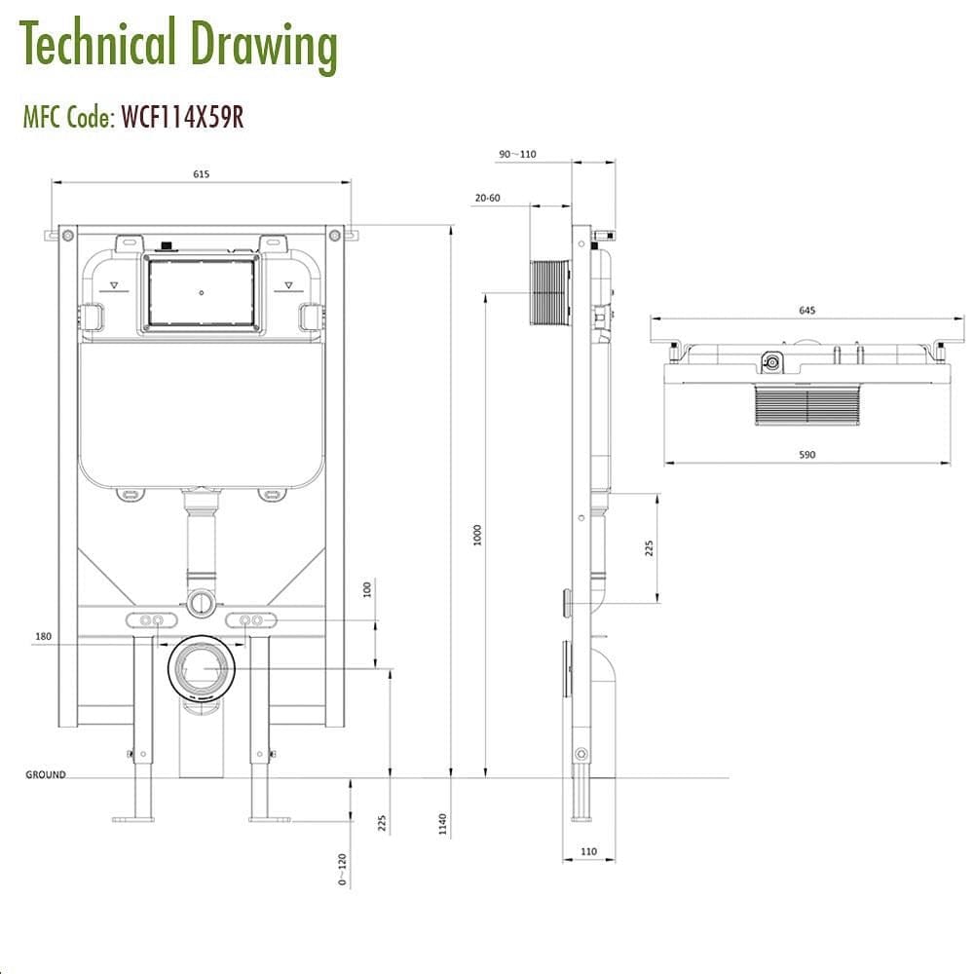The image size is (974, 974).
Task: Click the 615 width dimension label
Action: (201, 174)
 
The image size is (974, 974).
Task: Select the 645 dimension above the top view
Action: (806, 310)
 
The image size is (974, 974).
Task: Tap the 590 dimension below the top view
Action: (806, 455)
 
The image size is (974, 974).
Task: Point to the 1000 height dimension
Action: (477, 534)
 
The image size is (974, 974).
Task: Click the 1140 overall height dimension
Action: (443, 824)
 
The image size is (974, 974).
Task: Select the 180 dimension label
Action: (42, 636)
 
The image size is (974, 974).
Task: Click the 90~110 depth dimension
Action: (517, 154)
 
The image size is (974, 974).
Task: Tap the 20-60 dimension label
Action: (487, 198)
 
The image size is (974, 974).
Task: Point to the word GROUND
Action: (46, 775)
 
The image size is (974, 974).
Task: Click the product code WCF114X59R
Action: (182, 117)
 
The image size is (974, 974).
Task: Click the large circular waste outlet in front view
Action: (202, 669)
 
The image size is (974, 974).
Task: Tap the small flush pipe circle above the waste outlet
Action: (201, 602)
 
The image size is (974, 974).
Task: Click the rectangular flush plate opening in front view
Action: (201, 291)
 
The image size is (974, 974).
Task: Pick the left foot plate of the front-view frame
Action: (133, 818)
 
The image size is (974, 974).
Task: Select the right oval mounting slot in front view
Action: (251, 620)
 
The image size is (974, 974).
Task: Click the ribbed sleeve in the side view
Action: (550, 292)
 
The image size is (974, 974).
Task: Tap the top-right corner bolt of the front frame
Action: (334, 235)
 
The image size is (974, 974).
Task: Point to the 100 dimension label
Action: (367, 590)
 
